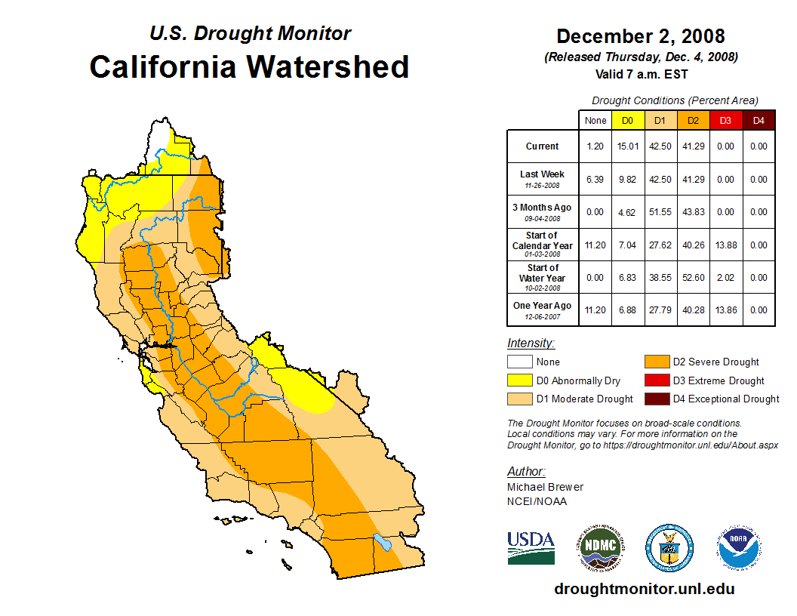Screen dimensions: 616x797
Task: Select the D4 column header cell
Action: [759, 121]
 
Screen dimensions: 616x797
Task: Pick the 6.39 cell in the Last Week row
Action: [595, 180]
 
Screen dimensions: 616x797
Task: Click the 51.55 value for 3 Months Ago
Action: [660, 212]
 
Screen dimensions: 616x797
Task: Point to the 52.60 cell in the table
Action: [693, 278]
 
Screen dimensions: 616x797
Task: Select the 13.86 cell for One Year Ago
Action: [725, 310]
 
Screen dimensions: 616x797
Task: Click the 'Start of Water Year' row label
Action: [543, 273]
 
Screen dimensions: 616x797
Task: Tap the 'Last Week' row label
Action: [543, 178]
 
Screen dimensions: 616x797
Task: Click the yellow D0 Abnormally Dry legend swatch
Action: [520, 380]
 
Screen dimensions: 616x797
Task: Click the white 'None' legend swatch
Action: [520, 362]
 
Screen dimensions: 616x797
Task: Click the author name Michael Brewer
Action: [545, 487]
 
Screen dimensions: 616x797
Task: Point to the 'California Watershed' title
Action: [249, 66]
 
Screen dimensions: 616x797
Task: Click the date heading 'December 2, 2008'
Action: [640, 36]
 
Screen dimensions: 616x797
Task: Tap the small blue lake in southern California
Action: [383, 542]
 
